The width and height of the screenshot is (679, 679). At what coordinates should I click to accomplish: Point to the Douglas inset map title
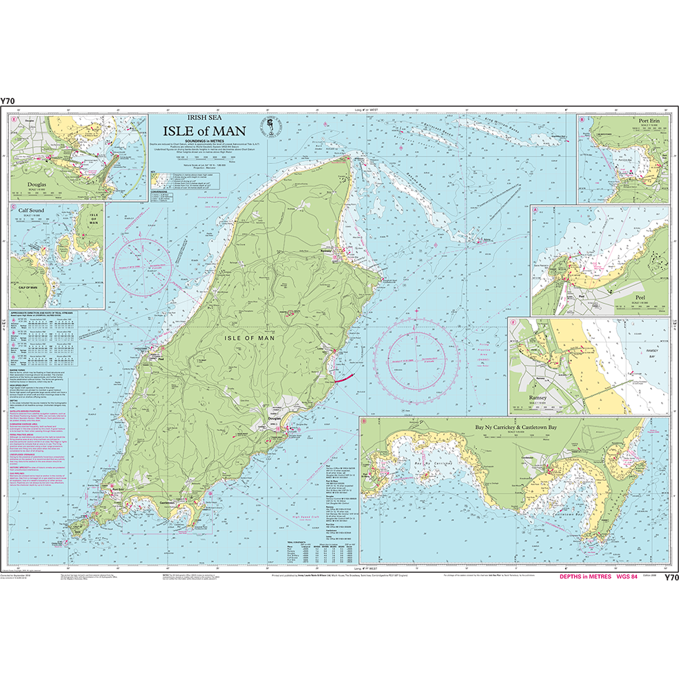coord(32,186)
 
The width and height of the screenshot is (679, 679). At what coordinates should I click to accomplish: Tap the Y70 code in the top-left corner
coord(8,101)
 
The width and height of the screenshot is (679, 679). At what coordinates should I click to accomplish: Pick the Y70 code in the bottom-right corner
coord(671,577)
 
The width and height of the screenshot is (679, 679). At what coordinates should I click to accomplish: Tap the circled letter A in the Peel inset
coord(536,209)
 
